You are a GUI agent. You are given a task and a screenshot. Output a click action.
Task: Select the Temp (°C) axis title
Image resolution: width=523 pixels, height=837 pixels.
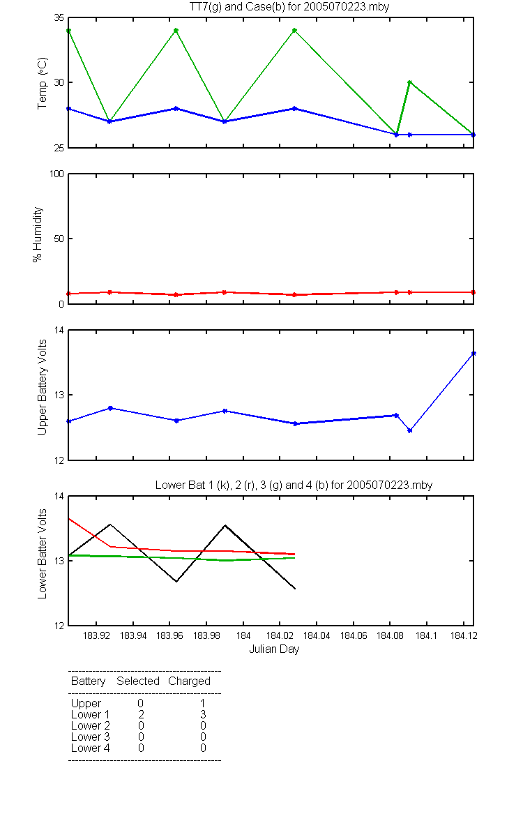tap(43, 83)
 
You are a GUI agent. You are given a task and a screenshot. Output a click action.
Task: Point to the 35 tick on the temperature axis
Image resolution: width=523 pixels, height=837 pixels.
tap(59, 18)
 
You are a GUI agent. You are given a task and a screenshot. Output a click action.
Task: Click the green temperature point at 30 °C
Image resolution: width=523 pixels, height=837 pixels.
tap(409, 82)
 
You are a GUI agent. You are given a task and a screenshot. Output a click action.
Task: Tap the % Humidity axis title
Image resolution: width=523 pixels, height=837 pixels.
tap(38, 234)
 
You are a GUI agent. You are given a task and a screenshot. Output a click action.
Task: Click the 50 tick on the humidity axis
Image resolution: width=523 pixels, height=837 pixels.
tap(59, 239)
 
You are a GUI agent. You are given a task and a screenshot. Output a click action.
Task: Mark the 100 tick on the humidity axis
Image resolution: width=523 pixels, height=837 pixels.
tap(56, 174)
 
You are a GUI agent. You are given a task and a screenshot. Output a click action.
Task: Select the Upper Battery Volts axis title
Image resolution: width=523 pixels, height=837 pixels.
tap(43, 388)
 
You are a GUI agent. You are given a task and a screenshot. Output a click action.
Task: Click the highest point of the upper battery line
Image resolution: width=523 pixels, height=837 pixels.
tap(473, 353)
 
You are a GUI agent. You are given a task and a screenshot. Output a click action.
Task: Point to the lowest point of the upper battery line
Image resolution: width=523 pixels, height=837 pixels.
tap(409, 430)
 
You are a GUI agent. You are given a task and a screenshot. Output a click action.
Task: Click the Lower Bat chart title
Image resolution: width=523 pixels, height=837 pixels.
tap(294, 485)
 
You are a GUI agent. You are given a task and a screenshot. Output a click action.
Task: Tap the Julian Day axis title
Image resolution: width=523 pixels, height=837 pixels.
tap(274, 649)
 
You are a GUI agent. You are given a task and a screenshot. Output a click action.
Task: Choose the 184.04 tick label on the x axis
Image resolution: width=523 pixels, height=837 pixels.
tap(317, 635)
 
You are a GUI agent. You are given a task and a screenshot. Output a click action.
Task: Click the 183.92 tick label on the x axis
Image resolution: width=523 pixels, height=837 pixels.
tap(96, 635)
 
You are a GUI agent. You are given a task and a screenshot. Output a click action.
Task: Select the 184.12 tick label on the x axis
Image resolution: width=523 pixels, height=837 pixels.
tap(464, 635)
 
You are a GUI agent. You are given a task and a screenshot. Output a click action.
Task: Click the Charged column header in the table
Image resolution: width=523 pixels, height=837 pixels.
tap(189, 681)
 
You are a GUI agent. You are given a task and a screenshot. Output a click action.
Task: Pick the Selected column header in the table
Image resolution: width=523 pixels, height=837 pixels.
tap(138, 681)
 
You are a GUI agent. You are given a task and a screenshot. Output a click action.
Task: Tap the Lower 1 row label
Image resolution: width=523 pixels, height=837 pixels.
tap(91, 714)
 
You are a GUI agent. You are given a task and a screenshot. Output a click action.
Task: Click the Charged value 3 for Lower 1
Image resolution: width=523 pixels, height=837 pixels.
tap(203, 714)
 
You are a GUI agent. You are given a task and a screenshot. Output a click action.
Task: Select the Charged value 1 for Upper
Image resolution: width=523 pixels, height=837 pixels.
tap(203, 703)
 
